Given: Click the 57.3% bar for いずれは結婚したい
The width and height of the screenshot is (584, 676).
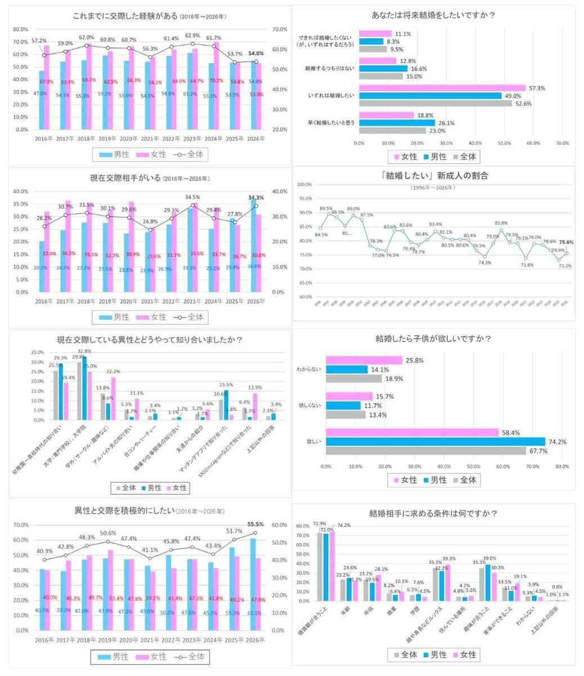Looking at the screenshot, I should click(442, 88).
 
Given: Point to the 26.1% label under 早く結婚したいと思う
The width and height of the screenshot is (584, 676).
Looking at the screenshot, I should click(446, 122).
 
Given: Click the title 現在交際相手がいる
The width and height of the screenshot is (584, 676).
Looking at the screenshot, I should click(122, 179).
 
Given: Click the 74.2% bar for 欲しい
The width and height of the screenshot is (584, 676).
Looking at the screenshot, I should click(436, 442).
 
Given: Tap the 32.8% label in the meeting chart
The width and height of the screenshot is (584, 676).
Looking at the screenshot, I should click(85, 351).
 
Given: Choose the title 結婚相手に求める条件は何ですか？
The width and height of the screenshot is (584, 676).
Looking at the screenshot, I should click(433, 513).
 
